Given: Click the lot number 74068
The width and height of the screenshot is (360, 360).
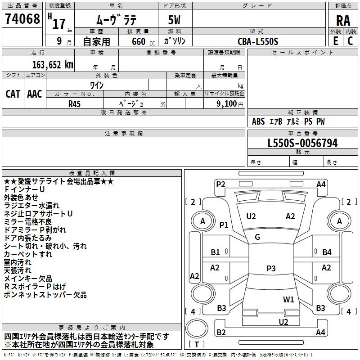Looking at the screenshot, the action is (22, 19).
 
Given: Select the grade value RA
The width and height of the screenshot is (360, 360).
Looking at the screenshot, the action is (343, 21).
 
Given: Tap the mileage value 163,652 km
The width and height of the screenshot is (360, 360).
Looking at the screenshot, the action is (53, 65).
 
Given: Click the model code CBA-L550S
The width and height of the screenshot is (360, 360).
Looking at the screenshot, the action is (258, 41).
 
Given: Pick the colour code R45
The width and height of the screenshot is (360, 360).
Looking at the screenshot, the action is (75, 103).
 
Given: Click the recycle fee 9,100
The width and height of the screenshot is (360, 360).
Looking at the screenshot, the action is (223, 103).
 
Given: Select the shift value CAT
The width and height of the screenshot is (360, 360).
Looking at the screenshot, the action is (13, 94).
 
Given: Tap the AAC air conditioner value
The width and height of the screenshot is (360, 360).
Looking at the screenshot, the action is (35, 94).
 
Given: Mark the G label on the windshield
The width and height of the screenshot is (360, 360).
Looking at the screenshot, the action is (257, 237).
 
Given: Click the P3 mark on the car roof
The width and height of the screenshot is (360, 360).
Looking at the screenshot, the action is (270, 269).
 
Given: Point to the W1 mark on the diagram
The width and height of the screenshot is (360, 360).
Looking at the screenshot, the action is (288, 299).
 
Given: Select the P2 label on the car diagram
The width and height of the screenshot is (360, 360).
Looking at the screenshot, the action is (220, 184).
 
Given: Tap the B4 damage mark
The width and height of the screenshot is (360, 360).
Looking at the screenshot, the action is (327, 252).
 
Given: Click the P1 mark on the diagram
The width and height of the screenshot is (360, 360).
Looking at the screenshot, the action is (224, 225).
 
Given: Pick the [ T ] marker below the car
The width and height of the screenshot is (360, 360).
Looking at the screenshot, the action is (197, 344).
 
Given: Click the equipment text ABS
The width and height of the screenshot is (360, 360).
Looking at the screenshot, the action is (258, 121).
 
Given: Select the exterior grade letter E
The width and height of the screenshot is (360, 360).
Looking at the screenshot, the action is (335, 41).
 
